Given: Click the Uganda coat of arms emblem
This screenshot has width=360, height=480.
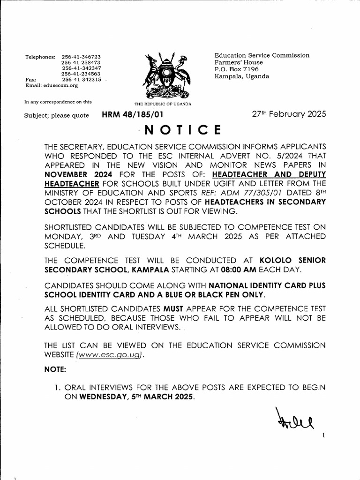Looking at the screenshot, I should tap(164, 75).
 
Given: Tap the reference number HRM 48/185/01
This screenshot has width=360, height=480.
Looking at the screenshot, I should tap(133, 114).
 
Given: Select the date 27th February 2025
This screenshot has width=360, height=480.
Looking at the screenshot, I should tap(289, 114).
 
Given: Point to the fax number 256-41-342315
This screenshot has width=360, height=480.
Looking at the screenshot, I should tap(82, 80).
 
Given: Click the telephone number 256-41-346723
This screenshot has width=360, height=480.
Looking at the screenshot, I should tap(82, 57).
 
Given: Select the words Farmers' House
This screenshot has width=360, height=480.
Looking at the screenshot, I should tap(239, 62).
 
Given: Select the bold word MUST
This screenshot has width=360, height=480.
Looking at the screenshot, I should tap(173, 308).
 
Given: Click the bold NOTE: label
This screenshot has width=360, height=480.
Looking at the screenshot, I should tap(55, 369).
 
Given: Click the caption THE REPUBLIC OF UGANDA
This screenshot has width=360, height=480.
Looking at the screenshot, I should tap(163, 104).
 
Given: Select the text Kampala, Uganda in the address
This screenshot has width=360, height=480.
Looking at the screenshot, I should tap(242, 76).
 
